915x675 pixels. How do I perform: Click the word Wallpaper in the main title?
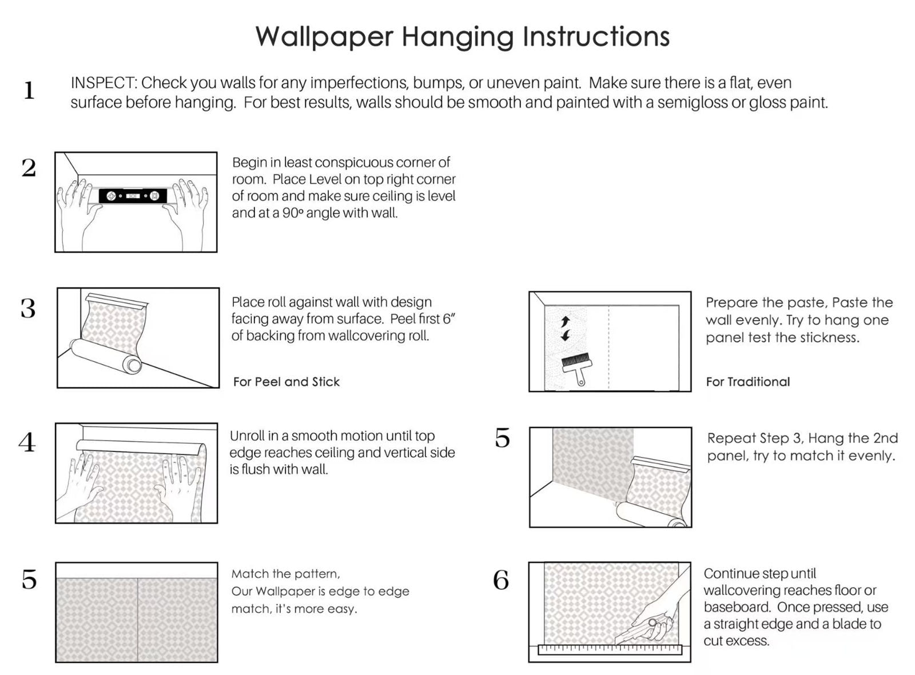click(324, 37)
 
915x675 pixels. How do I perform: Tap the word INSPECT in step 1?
click(103, 83)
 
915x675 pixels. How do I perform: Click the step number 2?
click(29, 168)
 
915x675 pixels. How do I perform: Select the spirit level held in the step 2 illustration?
click(133, 196)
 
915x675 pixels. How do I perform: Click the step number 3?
click(28, 309)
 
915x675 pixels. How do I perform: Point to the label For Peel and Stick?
click(286, 382)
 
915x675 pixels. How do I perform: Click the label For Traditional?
click(747, 382)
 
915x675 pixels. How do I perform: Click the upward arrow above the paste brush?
click(566, 322)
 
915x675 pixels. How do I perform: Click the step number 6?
click(501, 581)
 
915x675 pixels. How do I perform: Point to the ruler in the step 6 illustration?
click(610, 650)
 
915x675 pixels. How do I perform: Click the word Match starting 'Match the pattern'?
click(249, 574)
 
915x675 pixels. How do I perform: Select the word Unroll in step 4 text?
click(247, 436)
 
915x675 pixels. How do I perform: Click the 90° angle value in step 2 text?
click(292, 213)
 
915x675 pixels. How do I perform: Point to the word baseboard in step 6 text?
click(737, 607)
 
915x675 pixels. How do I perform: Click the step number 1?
click(29, 91)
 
